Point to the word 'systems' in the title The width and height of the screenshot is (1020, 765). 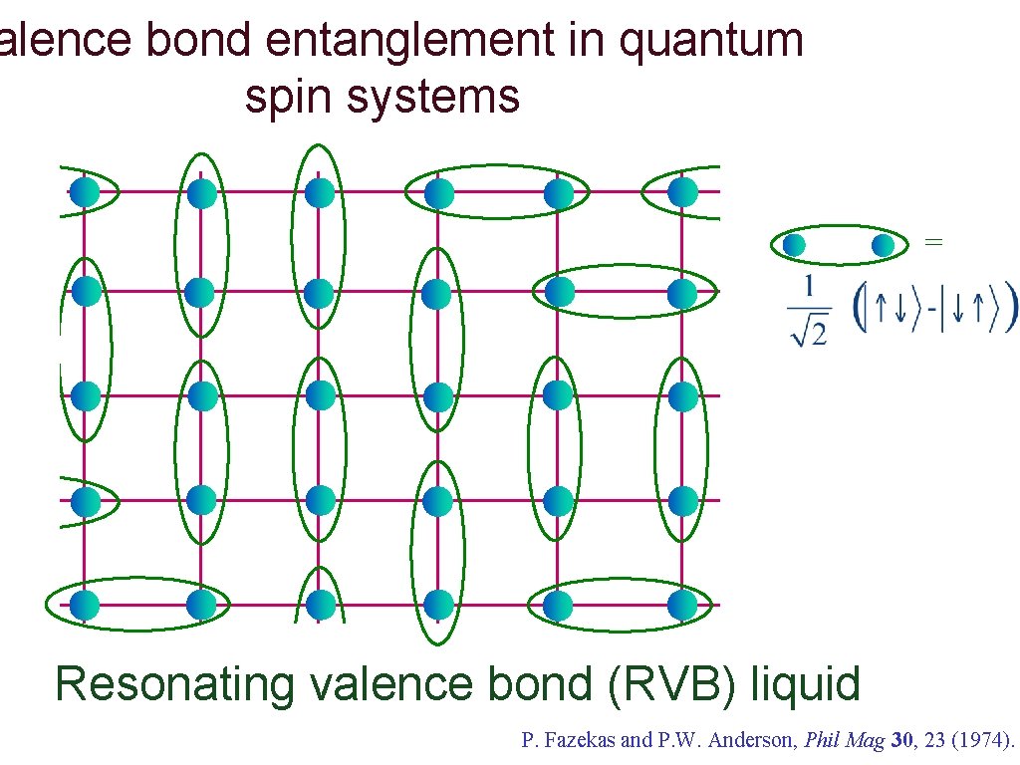pos(433,98)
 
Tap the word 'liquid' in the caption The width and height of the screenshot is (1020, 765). pos(805,684)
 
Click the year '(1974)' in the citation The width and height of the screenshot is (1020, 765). pos(982,740)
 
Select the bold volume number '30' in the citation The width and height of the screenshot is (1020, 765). pos(901,740)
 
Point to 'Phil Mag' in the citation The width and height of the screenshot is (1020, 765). pos(845,741)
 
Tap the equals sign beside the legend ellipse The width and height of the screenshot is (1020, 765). pos(933,242)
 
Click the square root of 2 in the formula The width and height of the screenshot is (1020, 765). pos(809,333)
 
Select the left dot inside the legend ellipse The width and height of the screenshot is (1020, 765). pos(794,245)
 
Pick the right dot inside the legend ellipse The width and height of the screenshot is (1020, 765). pos(883,245)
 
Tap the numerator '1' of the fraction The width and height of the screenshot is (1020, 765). pos(809,286)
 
